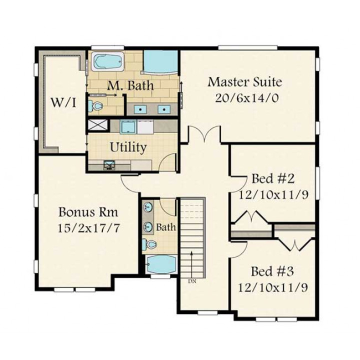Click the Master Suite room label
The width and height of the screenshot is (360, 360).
click(245, 82)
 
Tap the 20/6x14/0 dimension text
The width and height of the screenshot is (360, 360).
click(247, 98)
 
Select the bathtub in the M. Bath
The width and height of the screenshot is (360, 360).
click(107, 61)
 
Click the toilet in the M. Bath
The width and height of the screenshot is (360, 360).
click(95, 105)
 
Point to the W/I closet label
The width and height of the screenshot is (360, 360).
click(63, 102)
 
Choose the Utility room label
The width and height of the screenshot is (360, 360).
click(128, 147)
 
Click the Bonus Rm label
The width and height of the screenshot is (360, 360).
click(88, 212)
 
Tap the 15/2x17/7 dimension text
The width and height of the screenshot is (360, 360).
click(88, 228)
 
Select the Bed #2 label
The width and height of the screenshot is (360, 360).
click(273, 178)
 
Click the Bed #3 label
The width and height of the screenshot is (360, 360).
click(272, 271)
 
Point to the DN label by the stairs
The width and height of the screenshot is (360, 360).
click(192, 281)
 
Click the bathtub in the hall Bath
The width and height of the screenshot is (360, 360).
click(161, 264)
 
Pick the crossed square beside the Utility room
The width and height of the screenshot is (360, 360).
click(98, 125)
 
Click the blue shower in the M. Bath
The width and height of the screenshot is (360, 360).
click(160, 62)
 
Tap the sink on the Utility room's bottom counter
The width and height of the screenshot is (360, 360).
click(109, 165)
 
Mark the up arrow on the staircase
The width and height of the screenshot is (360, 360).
click(191, 264)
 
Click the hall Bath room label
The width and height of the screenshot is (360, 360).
click(166, 227)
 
